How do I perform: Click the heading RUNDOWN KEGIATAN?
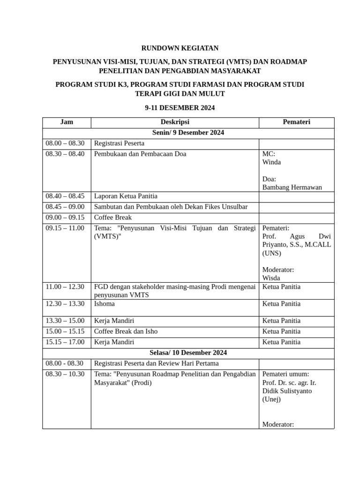(180, 48)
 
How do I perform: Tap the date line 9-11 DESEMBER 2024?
(180, 107)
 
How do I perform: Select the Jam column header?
(67, 122)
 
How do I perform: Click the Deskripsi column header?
(174, 122)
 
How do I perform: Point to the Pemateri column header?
(296, 122)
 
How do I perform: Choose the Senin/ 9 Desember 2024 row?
(188, 133)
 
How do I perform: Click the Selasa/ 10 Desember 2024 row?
(188, 352)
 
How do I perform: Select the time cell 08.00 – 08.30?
(65, 143)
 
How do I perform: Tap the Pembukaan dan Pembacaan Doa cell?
(140, 154)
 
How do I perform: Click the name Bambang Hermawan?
(292, 187)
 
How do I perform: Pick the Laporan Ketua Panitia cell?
(126, 196)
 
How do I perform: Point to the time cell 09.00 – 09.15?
(65, 217)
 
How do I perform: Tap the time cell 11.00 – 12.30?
(65, 286)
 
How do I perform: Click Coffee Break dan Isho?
(126, 331)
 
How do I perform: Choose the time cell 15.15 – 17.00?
(65, 342)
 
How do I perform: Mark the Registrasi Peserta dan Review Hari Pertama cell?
(156, 363)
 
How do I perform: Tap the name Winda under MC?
(272, 162)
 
